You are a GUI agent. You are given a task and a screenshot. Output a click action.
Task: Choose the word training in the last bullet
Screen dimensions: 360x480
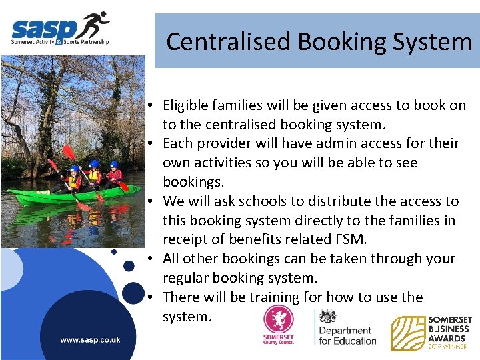[x=267, y=297]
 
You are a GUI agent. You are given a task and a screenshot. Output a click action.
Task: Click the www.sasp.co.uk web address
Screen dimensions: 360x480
[x=90, y=340]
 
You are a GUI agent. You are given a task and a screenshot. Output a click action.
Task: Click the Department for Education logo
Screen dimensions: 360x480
[x=345, y=327]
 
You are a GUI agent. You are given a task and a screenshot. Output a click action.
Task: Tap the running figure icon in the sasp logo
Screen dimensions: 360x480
[x=95, y=25]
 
